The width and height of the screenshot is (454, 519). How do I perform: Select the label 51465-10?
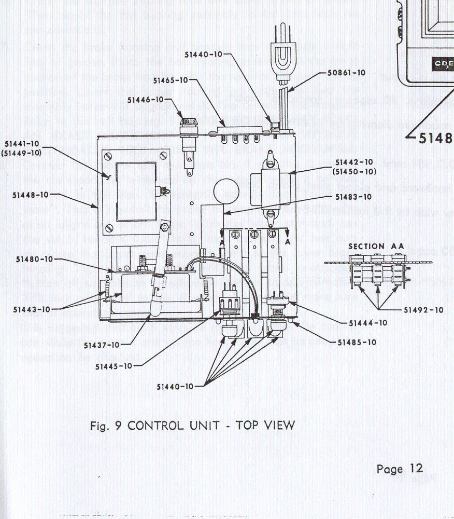[171, 80]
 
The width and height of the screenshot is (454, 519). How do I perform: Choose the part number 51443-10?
[31, 309]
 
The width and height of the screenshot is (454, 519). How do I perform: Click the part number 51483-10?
[353, 197]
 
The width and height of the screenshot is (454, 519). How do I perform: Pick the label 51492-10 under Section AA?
[423, 310]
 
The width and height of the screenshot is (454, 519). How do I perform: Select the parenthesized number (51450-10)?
[356, 171]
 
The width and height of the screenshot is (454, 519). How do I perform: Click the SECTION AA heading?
[367, 246]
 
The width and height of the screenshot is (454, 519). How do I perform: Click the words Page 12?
[400, 469]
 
